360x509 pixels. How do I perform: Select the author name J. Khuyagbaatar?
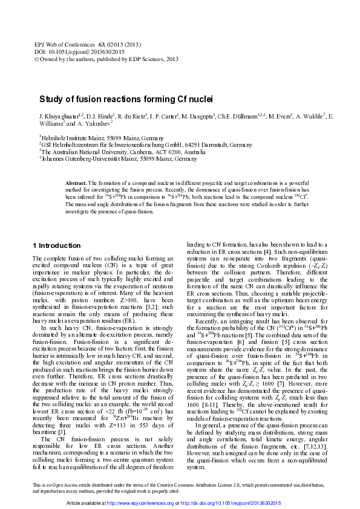click(60, 116)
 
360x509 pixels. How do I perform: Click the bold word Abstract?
click(76, 183)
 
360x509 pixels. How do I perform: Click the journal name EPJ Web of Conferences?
click(64, 45)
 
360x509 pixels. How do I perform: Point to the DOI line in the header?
click(77, 52)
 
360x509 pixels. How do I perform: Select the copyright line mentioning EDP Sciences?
click(106, 59)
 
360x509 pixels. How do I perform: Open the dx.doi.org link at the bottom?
click(237, 503)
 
